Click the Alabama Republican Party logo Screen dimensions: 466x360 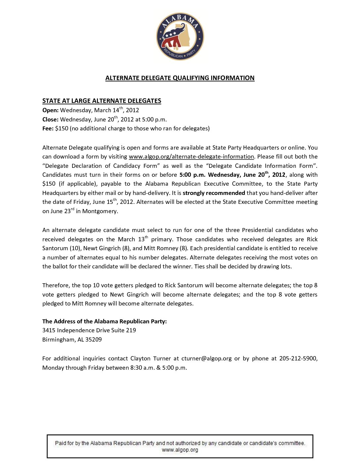180,36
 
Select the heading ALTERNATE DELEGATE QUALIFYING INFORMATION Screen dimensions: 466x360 180,78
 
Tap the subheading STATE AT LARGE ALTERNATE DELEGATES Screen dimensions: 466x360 102,101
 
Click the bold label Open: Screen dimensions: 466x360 50,110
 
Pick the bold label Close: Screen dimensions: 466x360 50,119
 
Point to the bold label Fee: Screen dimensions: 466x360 48,128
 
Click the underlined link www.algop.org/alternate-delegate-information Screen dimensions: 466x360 191,157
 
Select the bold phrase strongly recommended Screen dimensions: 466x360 214,193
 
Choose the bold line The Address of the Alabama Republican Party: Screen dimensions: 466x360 105,321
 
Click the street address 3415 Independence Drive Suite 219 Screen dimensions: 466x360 89,330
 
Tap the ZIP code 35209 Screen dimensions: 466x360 94,340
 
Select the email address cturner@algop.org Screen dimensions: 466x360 206,358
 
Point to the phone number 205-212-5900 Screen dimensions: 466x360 298,358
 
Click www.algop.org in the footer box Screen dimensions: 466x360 180,450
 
